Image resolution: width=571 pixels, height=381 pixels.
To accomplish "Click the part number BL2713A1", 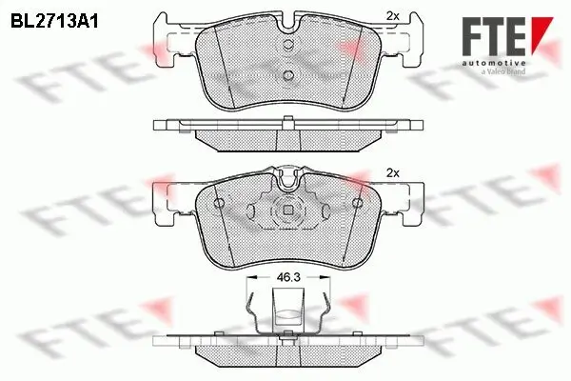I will click(x=54, y=18).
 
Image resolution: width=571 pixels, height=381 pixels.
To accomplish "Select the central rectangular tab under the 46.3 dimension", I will click(x=286, y=310).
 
